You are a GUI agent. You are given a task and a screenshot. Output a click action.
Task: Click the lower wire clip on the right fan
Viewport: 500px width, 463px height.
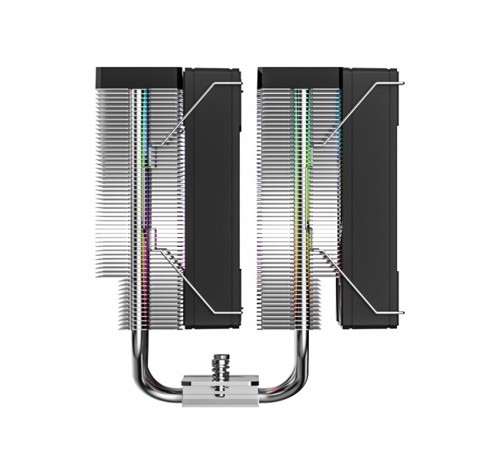353,283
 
